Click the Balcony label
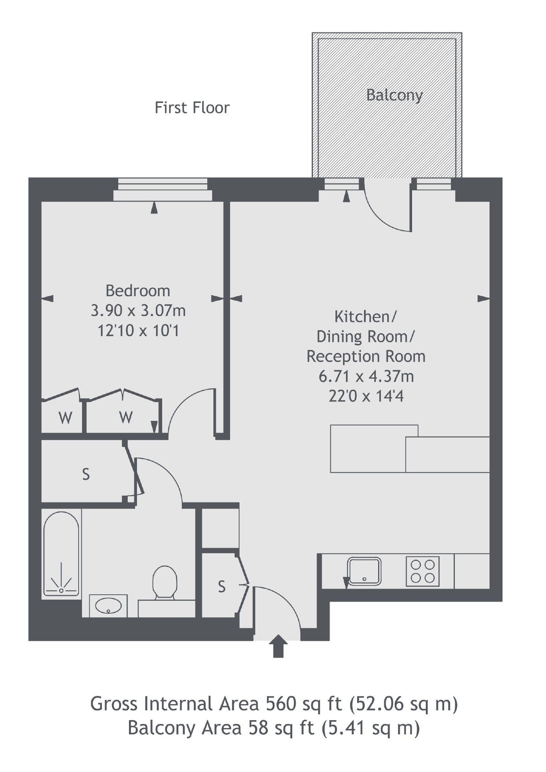coord(394,95)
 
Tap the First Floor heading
coord(192,108)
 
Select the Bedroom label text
coord(138,291)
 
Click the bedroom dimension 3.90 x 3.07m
coord(138,311)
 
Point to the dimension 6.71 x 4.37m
coord(366,377)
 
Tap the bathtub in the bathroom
coord(61,554)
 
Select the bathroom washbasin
coord(108,605)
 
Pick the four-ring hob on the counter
coord(423,571)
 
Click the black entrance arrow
coord(279,646)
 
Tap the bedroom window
coord(163,189)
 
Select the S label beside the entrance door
coord(222,587)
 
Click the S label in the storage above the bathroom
coord(86,474)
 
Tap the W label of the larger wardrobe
coord(126,417)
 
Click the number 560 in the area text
coord(281,703)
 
